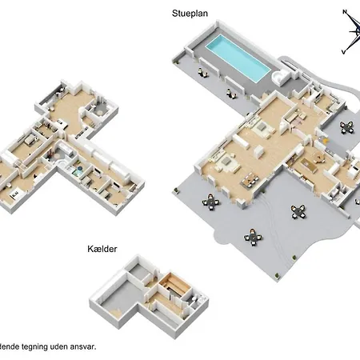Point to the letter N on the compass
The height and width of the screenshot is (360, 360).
tap(344, 12)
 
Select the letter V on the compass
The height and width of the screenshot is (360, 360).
tap(343, 51)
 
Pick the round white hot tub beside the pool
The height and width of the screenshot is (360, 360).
tap(281, 77)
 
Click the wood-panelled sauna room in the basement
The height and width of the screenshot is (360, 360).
tap(170, 286)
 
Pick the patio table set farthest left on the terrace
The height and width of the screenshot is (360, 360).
tap(212, 202)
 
